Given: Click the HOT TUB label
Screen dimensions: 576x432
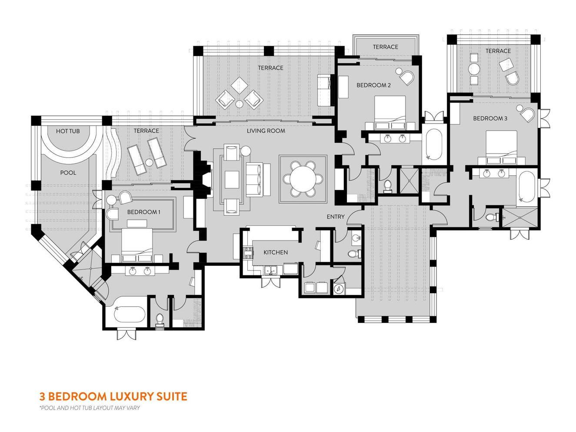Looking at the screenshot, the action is tap(68, 131).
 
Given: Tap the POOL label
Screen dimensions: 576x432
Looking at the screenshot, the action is tap(68, 173).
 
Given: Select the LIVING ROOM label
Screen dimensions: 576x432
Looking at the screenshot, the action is tap(266, 131).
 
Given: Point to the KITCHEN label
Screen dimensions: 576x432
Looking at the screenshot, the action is tap(276, 252).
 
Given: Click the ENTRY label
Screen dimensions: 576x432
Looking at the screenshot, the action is tap(335, 217).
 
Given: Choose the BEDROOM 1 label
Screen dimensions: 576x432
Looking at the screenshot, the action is tap(143, 212).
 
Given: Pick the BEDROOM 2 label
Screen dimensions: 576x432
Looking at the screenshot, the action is tap(373, 85).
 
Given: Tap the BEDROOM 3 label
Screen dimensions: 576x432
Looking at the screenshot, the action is tap(490, 118).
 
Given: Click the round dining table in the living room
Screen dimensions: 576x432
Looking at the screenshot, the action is tap(303, 179).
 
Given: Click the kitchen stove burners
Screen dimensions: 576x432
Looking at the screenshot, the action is tap(248, 253).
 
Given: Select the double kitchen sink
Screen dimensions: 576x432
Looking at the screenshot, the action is tap(270, 270).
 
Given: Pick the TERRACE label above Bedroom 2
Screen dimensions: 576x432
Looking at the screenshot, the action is tap(385, 47).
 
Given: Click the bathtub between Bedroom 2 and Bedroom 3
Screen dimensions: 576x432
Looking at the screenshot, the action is tap(433, 144).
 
